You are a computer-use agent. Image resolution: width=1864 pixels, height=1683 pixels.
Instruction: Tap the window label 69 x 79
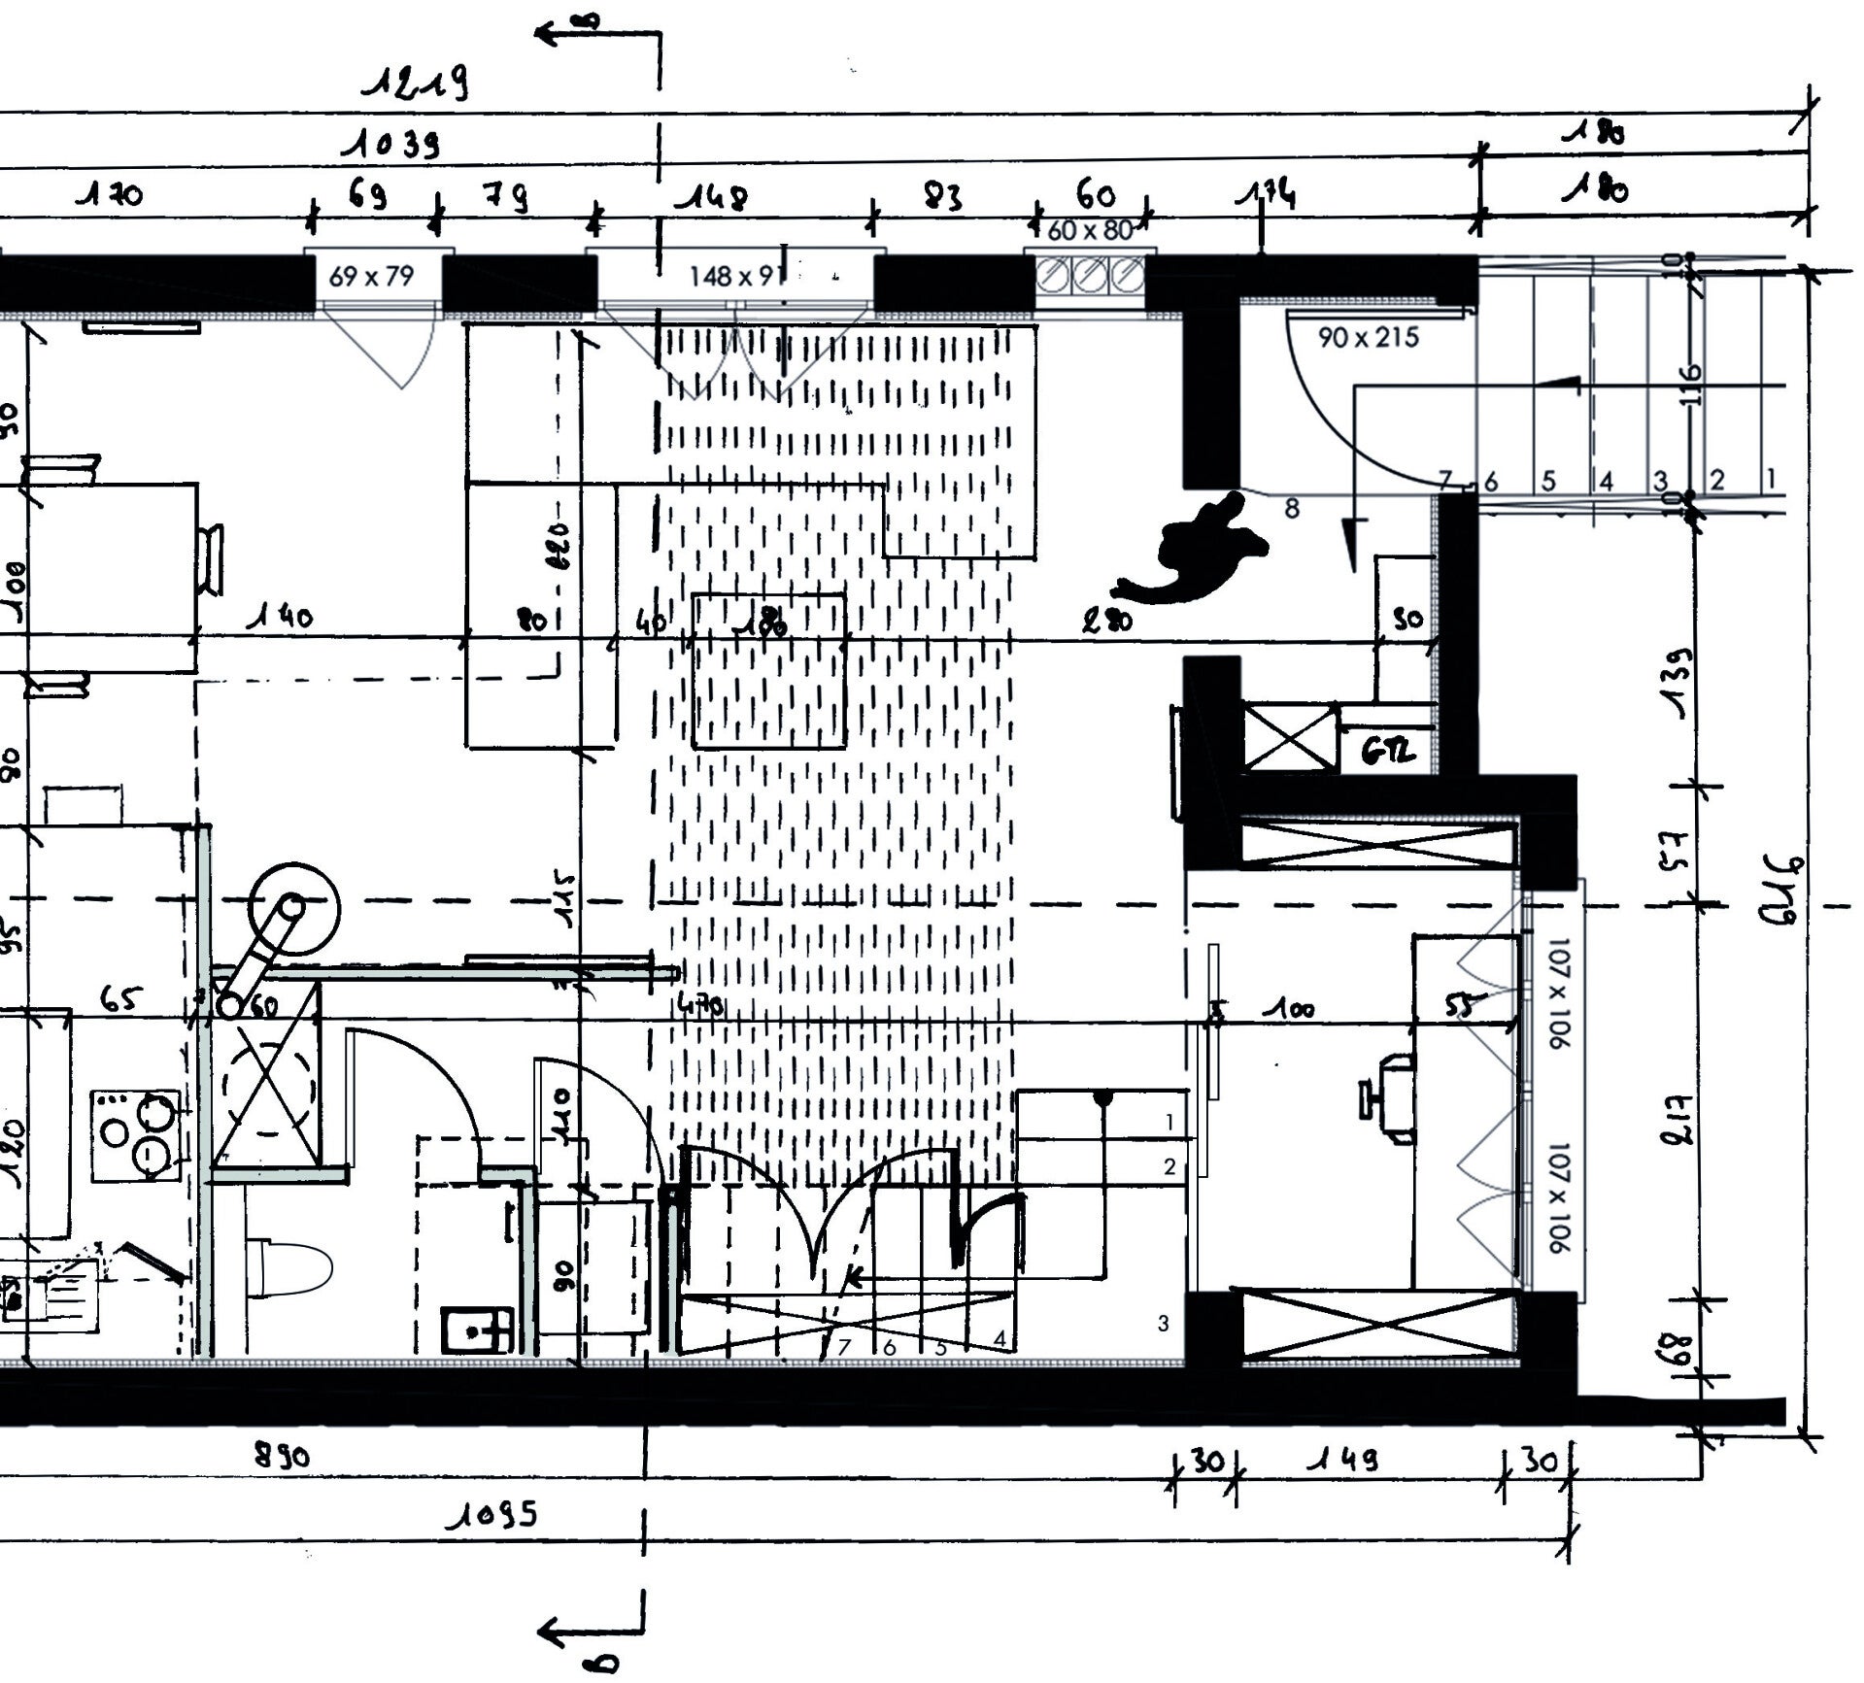click(x=371, y=277)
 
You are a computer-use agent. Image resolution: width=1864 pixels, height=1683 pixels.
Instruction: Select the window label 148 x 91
click(x=734, y=277)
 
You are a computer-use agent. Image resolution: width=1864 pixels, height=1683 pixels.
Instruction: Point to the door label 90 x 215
click(x=1368, y=338)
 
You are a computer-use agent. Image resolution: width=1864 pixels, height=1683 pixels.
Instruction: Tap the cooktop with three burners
click(x=136, y=1135)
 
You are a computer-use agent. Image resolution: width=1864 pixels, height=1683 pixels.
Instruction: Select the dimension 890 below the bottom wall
click(x=281, y=1458)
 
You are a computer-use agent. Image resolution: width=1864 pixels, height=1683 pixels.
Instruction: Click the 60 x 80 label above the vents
click(x=1090, y=231)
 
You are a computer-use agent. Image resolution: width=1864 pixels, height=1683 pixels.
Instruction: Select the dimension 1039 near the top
click(x=390, y=146)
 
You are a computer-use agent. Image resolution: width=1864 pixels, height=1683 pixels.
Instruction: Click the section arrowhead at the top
click(x=548, y=34)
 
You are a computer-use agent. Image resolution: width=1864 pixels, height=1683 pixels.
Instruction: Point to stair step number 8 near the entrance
click(x=1291, y=509)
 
